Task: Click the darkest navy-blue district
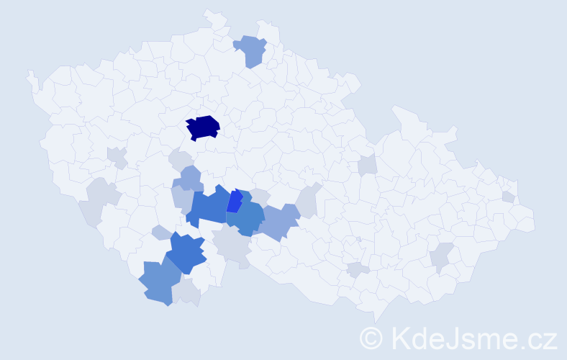pyautogui.click(x=203, y=127)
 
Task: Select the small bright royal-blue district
pyautogui.click(x=235, y=201)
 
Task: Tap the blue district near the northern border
pyautogui.click(x=250, y=50)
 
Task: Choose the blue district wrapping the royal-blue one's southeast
pyautogui.click(x=248, y=220)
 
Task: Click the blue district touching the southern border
pyautogui.click(x=158, y=283)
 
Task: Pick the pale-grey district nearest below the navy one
pyautogui.click(x=180, y=159)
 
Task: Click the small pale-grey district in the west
pyautogui.click(x=117, y=156)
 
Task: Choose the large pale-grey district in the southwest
pyautogui.click(x=101, y=202)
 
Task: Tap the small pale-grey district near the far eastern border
pyautogui.click(x=509, y=197)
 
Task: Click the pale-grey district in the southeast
pyautogui.click(x=442, y=256)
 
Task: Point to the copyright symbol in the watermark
pyautogui.click(x=371, y=338)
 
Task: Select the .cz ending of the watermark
pyautogui.click(x=540, y=338)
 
